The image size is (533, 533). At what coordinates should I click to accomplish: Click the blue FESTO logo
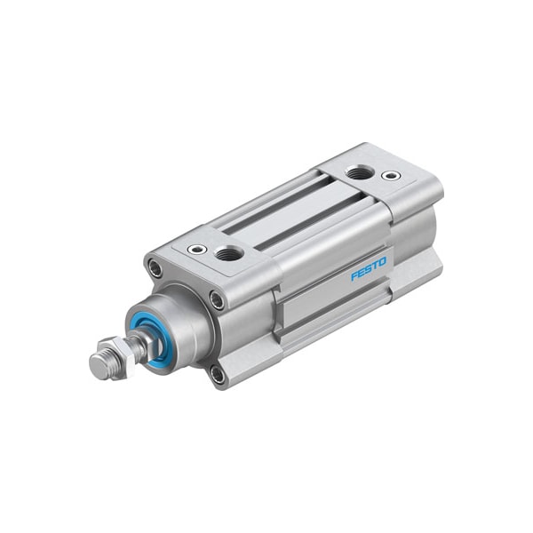369,269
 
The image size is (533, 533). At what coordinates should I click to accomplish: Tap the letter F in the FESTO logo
354,275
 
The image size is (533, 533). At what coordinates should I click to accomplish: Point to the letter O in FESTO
382,262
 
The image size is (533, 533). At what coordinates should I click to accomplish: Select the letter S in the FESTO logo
368,269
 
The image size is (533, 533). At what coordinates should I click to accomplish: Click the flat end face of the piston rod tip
97,363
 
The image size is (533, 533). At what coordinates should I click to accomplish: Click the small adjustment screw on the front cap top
197,250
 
